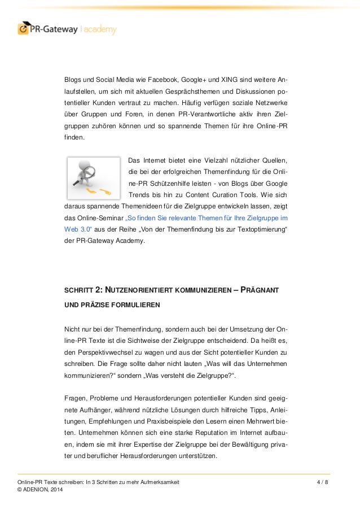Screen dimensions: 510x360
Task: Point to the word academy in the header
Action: [99, 28]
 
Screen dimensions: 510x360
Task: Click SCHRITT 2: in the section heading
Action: [82, 290]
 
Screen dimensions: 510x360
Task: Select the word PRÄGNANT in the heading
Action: [264, 290]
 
